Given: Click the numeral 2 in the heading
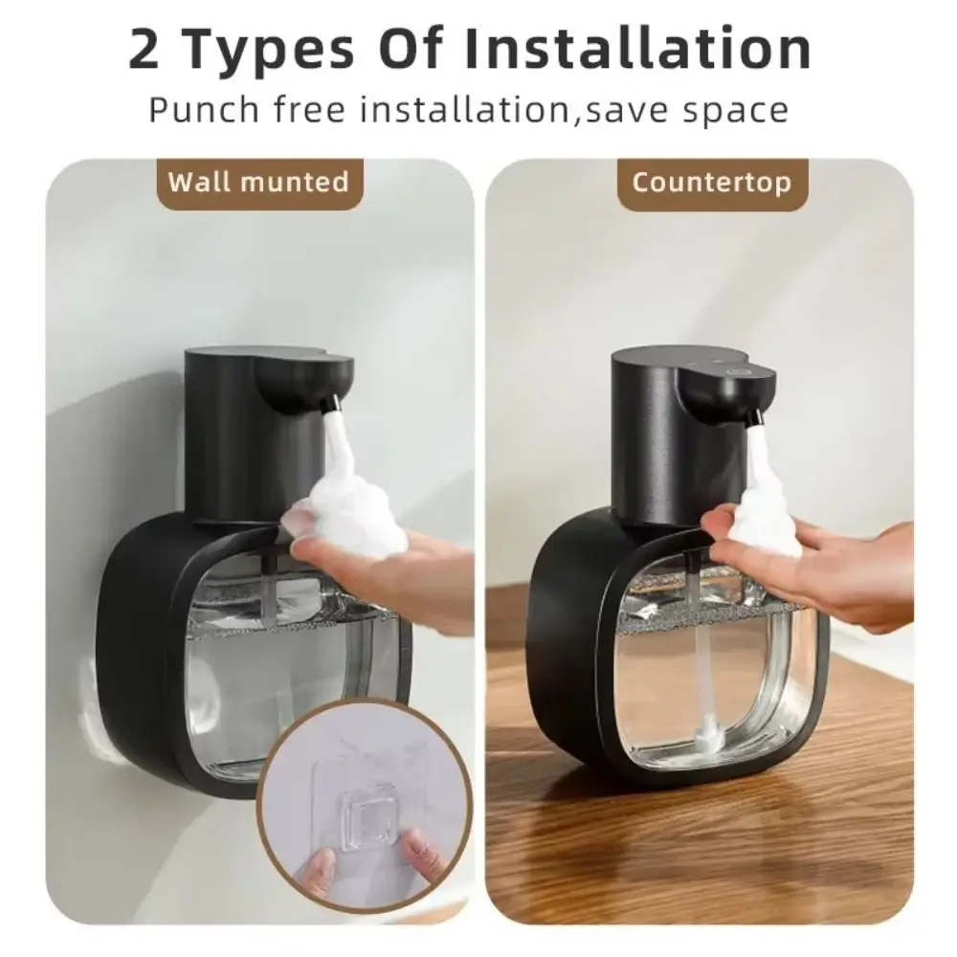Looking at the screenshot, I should [x=145, y=50].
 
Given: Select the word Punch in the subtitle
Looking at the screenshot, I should [x=205, y=109].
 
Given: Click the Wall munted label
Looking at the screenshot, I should [x=258, y=181].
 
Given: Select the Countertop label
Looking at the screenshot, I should [x=712, y=182].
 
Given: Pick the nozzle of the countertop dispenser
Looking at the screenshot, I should [x=753, y=415].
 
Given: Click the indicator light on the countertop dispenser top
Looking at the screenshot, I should [x=736, y=368].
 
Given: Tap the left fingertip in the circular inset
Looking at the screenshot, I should [x=320, y=867].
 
